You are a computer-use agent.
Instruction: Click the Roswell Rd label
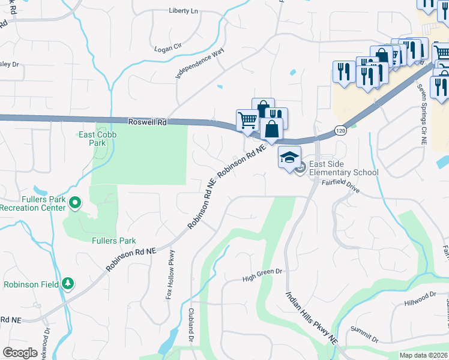147,121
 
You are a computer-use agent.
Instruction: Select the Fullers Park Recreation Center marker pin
75,204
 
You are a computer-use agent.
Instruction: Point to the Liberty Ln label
183,11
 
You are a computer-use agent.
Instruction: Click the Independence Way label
199,63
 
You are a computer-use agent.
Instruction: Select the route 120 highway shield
340,131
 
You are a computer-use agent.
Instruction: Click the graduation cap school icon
289,157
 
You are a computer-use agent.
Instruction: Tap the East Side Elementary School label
345,169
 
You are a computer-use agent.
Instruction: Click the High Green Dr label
262,275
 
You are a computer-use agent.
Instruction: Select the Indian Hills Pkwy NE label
312,319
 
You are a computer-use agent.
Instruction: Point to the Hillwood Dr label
420,298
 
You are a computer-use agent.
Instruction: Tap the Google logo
20,352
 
